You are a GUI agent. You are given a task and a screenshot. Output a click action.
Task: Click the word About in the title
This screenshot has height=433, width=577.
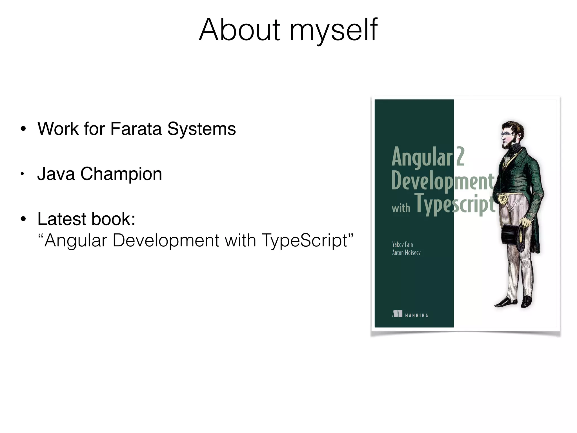click(239, 30)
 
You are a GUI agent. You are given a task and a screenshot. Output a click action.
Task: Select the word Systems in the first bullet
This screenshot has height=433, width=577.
click(201, 129)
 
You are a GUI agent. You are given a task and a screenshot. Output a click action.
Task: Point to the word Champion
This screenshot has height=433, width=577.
click(121, 174)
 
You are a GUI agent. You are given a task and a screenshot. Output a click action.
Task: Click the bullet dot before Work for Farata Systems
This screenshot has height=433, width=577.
click(23, 129)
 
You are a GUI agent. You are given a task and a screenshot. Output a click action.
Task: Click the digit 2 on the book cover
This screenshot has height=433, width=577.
click(460, 157)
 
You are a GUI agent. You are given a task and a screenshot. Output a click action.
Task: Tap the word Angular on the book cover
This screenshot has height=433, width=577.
click(422, 157)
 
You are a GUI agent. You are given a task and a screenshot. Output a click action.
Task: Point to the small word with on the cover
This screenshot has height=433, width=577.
click(401, 208)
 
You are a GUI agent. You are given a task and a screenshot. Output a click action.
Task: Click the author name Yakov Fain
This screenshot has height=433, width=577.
click(402, 244)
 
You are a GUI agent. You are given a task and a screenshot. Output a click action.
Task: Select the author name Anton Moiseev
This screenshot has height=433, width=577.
click(406, 253)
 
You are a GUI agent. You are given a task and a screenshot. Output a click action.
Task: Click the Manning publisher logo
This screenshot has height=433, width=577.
click(410, 315)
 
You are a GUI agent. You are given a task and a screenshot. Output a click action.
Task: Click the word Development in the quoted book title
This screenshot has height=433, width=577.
click(166, 241)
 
